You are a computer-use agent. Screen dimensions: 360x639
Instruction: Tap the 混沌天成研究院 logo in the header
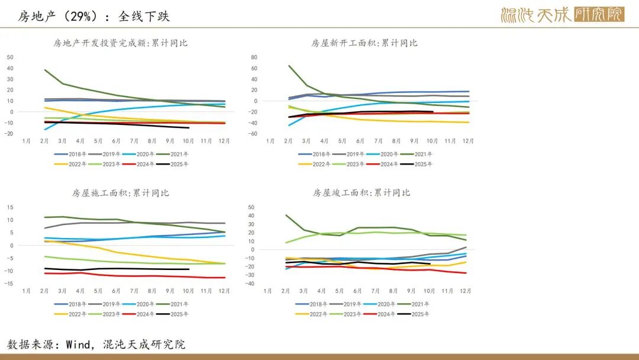point(562,15)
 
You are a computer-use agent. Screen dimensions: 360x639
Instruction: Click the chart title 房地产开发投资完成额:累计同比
point(121,43)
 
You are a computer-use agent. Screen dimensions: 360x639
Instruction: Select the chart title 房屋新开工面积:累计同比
point(364,43)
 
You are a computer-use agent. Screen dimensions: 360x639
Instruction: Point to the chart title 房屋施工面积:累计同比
point(121,193)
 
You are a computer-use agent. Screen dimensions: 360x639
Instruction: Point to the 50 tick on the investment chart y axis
point(10,57)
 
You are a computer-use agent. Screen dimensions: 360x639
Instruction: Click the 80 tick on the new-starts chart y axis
point(254,57)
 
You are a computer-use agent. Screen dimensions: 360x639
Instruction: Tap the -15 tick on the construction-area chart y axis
point(9,284)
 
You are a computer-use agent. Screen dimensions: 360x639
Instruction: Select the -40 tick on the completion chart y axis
point(250,284)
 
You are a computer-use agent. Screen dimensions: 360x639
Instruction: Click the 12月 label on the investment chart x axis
point(225,141)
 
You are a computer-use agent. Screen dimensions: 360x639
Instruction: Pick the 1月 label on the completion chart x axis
point(267,291)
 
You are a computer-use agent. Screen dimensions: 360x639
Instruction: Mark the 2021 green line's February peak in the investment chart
point(45,70)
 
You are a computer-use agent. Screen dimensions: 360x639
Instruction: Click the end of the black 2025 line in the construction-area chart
point(189,269)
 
